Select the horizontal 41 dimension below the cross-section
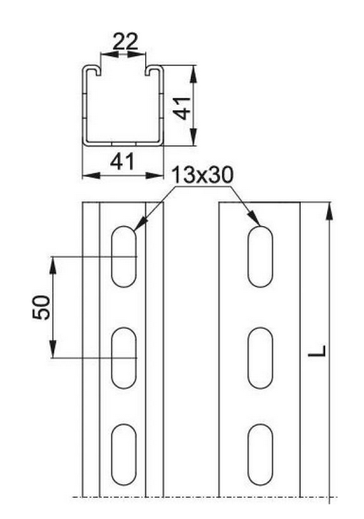[x=121, y=162]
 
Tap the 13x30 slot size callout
[x=199, y=176]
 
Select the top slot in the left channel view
[x=124, y=256]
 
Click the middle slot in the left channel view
[x=124, y=358]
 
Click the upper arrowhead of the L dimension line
[x=332, y=211]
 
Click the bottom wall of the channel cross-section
[x=122, y=142]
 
